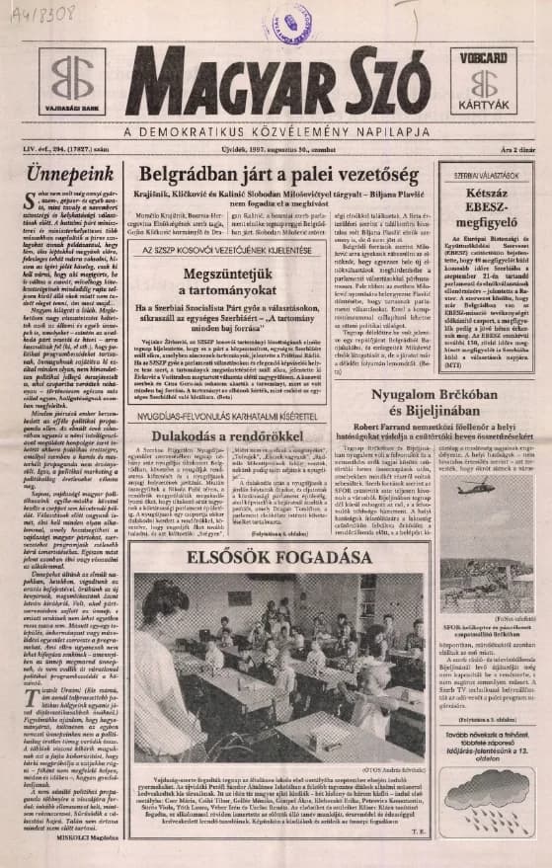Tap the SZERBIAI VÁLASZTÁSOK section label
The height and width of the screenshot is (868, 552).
(x=486, y=173)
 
